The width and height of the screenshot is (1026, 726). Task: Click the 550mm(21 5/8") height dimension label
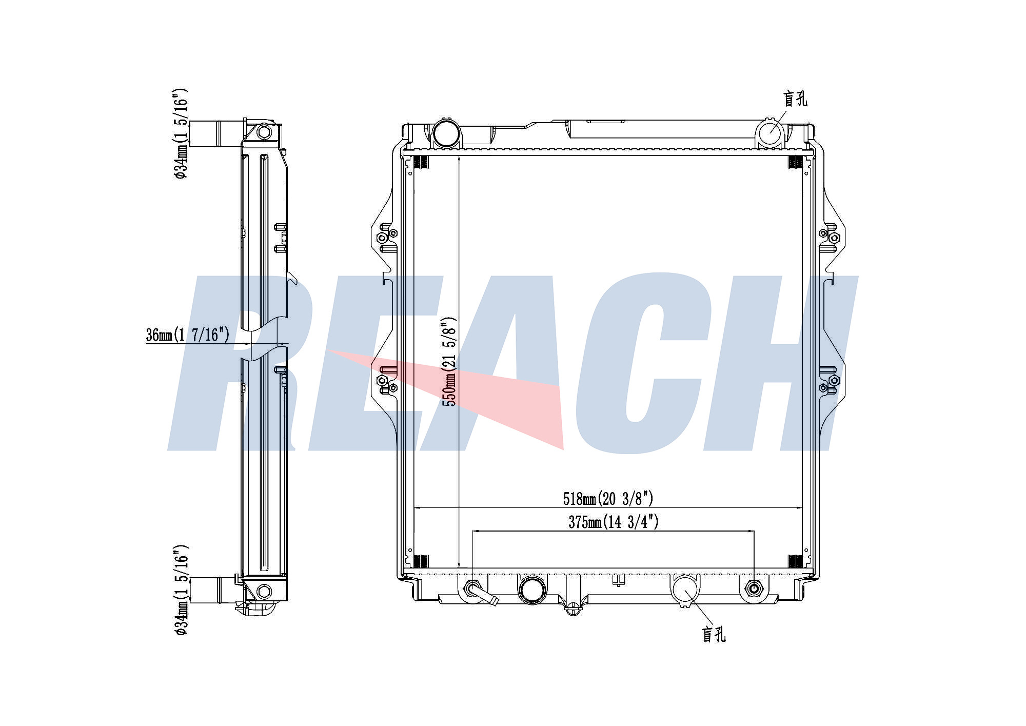coord(450,361)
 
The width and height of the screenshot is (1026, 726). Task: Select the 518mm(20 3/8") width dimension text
coord(608,498)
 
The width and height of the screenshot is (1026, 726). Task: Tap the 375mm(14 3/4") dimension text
coord(614,522)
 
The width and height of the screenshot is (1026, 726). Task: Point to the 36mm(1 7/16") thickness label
coord(187,335)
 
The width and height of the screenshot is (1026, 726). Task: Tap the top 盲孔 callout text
coord(795,99)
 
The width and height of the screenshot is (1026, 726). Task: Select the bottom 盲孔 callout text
coord(714,635)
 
